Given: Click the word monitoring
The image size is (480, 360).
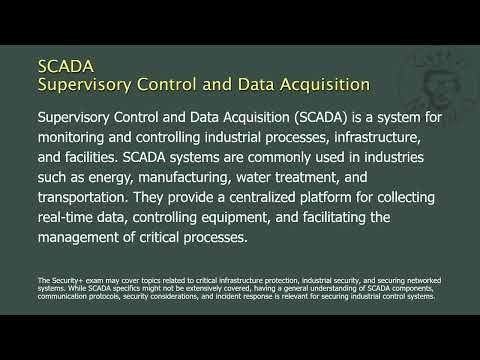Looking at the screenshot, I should coord(79,140).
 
